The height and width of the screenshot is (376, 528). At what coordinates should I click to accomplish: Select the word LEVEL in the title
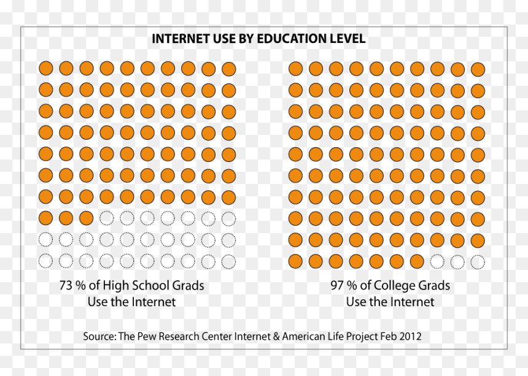[x=348, y=39]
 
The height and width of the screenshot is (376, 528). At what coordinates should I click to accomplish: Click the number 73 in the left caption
[x=66, y=286]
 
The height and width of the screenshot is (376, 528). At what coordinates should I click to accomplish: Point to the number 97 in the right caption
[x=337, y=286]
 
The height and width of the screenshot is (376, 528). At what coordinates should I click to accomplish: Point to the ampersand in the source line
[x=276, y=336]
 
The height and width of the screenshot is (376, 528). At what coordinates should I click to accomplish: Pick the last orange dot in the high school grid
[x=87, y=218]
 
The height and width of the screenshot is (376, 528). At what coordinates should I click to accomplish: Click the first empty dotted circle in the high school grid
[x=107, y=218]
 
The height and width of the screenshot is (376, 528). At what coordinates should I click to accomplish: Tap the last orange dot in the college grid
[x=417, y=261]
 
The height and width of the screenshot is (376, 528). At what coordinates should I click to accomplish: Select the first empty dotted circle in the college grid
[x=437, y=262]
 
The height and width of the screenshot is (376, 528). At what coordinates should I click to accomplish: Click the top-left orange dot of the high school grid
[x=46, y=68]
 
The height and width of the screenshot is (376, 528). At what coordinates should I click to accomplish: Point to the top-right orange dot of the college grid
[x=478, y=69]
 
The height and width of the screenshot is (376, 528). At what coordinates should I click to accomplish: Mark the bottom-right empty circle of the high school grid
[x=228, y=262]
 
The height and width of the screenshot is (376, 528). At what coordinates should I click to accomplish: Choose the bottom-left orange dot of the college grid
[x=295, y=261]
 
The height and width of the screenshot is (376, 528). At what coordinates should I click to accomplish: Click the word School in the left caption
[x=150, y=286]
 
